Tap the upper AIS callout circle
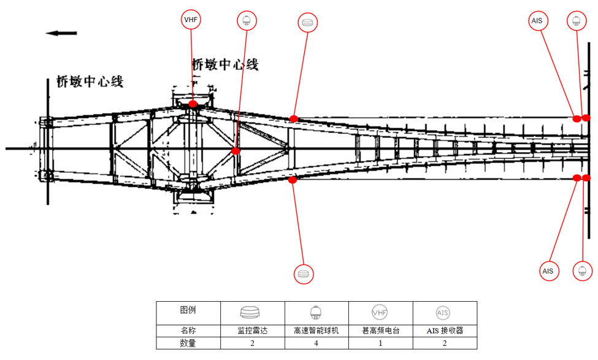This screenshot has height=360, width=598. click(537, 21)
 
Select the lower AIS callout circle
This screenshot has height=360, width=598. click(548, 270)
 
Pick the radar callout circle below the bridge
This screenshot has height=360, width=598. click(303, 273)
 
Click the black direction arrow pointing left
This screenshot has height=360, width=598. click(61, 33)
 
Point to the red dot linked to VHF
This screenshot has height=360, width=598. click(193, 104)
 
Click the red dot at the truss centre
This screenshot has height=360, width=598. click(236, 151)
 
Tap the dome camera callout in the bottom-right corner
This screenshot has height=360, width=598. click(582, 270)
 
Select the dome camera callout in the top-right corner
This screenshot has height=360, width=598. click(576, 21)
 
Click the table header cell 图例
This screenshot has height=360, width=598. click(188, 310)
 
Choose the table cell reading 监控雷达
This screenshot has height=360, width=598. click(252, 331)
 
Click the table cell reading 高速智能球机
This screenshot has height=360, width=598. click(316, 331)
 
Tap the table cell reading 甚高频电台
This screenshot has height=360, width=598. click(380, 331)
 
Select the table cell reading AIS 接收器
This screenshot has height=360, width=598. click(445, 331)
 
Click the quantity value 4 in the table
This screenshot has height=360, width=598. click(316, 343)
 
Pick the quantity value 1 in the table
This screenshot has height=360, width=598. click(380, 343)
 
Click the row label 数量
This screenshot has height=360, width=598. click(188, 343)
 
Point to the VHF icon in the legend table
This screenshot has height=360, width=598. click(380, 312)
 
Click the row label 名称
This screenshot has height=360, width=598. click(188, 331)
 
